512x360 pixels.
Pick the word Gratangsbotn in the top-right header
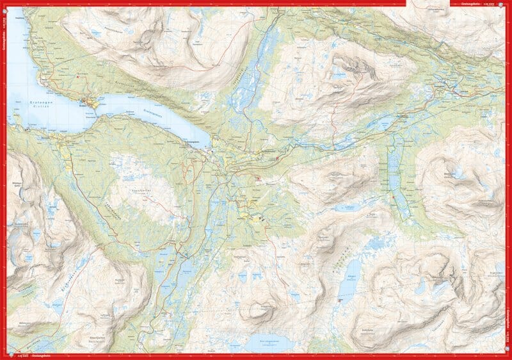pos(471,3)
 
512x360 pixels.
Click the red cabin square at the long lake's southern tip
pos(340,299)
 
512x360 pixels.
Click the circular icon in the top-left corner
pos(4,4)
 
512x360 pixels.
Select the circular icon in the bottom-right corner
pos(508,356)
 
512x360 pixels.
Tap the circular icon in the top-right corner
pos(508,4)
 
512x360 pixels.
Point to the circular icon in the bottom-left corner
pos(4,356)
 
